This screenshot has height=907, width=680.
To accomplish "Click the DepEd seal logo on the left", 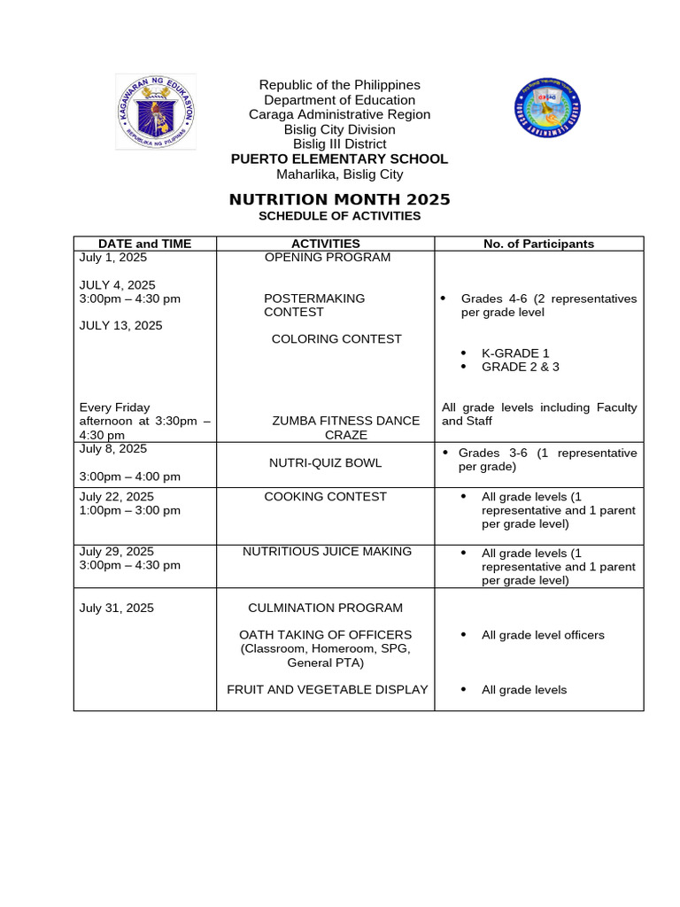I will pos(156,112).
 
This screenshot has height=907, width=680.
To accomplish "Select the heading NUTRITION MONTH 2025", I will pos(339,199).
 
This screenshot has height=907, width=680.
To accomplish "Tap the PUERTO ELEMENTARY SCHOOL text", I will pos(339,159).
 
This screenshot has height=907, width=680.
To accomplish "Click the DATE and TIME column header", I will pos(144,244).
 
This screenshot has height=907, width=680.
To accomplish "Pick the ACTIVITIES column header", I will pos(325,244).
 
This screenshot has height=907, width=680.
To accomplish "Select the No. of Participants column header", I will pos(538,244).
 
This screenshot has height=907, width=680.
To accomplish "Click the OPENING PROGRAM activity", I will pos(327,258).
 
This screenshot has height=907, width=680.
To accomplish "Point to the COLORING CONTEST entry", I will pos(336,339).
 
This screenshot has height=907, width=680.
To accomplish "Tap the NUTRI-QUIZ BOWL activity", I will pos(325,462).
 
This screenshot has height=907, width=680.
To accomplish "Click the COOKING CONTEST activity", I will pos(325,497).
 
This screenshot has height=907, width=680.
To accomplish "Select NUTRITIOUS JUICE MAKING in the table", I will pos(327,552).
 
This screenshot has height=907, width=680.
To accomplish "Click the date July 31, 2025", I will pos(116,608).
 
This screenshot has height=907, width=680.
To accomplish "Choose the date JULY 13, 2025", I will pos(120,326).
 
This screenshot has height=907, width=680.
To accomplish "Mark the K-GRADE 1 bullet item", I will pos(514,353).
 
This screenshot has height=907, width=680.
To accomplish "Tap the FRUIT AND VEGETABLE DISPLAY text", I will pos(327,690).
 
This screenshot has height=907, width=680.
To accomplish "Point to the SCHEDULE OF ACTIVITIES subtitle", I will pos(339,216).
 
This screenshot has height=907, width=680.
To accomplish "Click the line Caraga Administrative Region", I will pos(339,114).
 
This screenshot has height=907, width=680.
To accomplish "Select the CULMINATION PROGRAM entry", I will pos(325,608).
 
